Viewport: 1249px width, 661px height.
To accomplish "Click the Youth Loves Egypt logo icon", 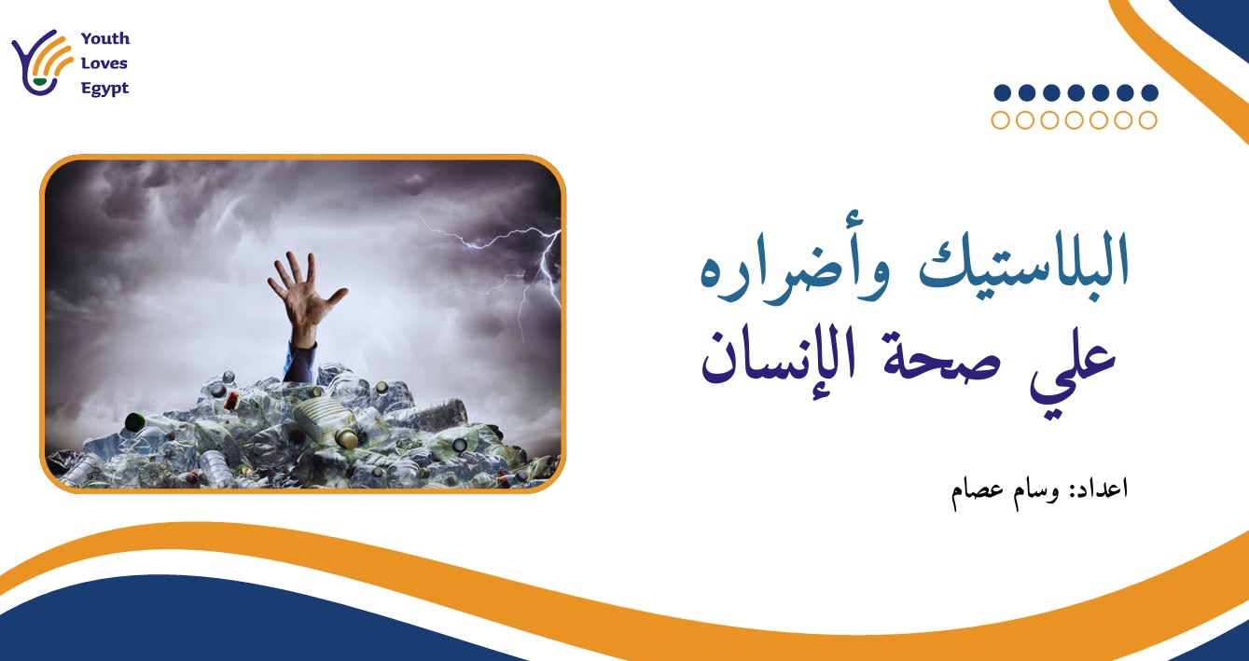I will click(43, 63).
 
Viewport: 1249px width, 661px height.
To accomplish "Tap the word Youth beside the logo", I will click(105, 39).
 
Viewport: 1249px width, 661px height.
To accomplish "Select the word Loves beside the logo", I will click(104, 64).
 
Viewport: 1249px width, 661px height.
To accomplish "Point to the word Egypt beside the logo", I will click(105, 90).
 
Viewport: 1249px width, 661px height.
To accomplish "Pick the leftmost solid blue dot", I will click(1002, 92).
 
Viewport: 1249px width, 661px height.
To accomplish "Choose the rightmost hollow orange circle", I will click(1148, 119).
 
